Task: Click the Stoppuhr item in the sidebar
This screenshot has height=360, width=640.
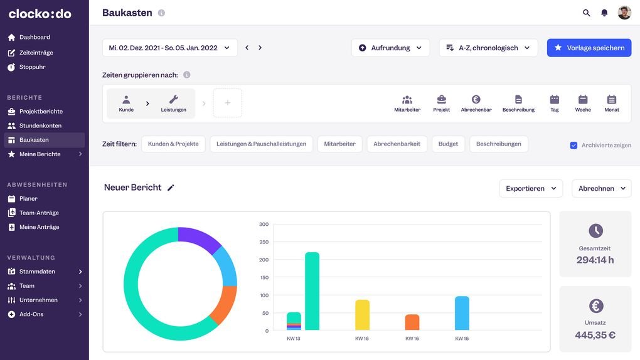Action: (x=32, y=67)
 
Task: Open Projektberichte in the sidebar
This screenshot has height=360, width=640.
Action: (x=41, y=112)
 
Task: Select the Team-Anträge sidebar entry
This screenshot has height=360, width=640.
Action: (x=39, y=213)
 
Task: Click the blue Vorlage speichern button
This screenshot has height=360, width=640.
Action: (x=589, y=48)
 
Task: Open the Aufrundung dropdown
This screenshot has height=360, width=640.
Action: (x=390, y=48)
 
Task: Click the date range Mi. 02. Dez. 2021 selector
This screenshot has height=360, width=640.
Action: (x=169, y=48)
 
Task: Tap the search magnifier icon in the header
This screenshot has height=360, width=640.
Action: (x=587, y=13)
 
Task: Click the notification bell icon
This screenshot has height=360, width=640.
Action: (x=604, y=13)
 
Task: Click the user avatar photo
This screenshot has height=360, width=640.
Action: (x=624, y=13)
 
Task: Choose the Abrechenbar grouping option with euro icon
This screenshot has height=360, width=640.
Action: (x=476, y=103)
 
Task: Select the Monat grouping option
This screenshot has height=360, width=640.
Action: (x=612, y=103)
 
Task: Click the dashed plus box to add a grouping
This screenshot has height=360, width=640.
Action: (x=228, y=103)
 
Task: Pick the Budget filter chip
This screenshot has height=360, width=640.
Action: (x=448, y=144)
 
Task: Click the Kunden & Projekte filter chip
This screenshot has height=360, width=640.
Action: (x=173, y=144)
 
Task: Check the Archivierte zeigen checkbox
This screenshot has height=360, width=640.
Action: (x=573, y=146)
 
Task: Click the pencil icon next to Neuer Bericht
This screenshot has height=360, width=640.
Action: (x=171, y=188)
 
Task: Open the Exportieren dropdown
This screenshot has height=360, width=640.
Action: (x=531, y=188)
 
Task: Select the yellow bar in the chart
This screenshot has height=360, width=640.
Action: (x=362, y=315)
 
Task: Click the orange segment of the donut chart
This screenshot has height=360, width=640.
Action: (x=225, y=304)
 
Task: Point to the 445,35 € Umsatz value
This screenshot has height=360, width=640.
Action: (x=595, y=335)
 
